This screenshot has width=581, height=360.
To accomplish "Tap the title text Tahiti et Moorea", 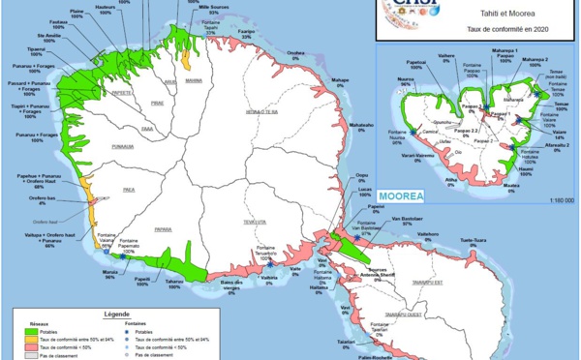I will tap(484, 15).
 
